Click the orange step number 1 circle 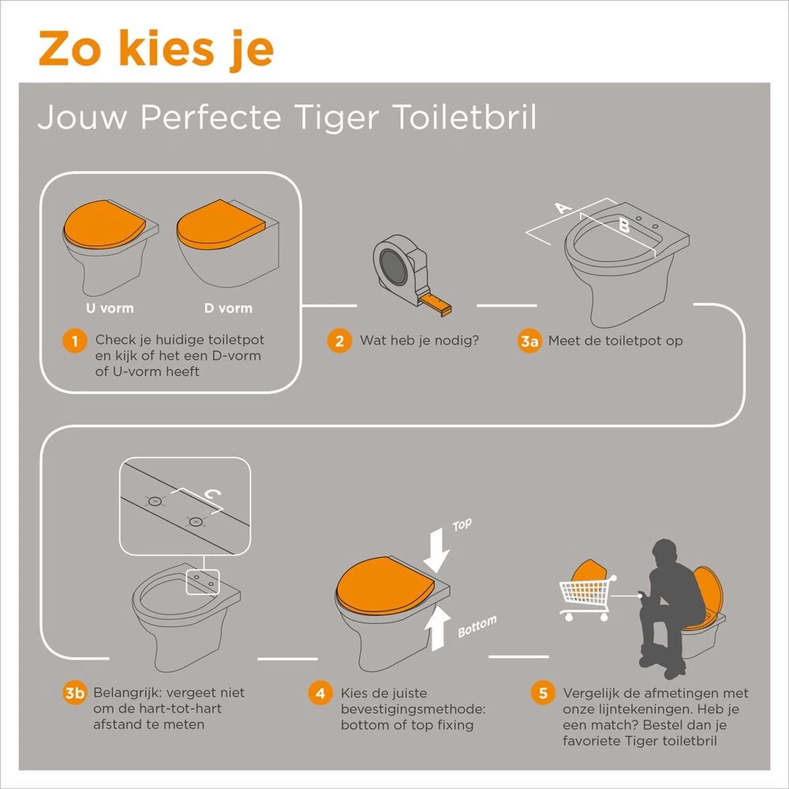[x=75, y=341]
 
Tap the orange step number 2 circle [x=339, y=341]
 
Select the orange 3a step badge [x=529, y=341]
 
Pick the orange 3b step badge [x=75, y=693]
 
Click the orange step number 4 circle [x=320, y=693]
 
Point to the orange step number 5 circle [x=542, y=693]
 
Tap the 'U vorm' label [x=109, y=308]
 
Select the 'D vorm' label [x=228, y=308]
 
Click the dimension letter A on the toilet [x=563, y=209]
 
